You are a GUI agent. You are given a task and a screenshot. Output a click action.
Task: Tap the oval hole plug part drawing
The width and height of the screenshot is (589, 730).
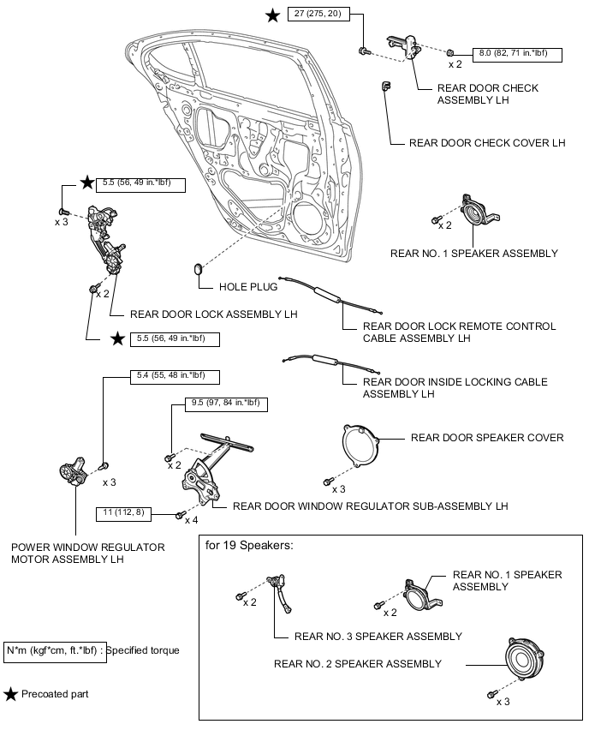200,269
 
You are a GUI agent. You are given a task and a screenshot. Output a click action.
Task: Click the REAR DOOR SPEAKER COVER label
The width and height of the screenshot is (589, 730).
487,438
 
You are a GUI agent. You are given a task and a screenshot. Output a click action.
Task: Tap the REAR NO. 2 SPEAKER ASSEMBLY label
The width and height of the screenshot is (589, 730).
358,663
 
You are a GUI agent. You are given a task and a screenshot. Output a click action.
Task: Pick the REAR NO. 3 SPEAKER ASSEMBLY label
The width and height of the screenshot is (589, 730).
378,637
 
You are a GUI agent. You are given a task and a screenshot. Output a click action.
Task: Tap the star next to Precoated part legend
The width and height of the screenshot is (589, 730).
10,694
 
